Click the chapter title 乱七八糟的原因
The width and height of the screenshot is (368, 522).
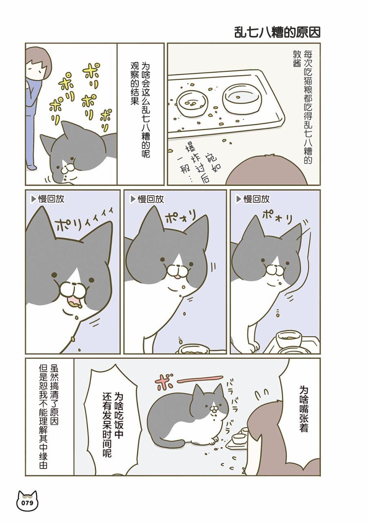(x=277, y=33)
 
